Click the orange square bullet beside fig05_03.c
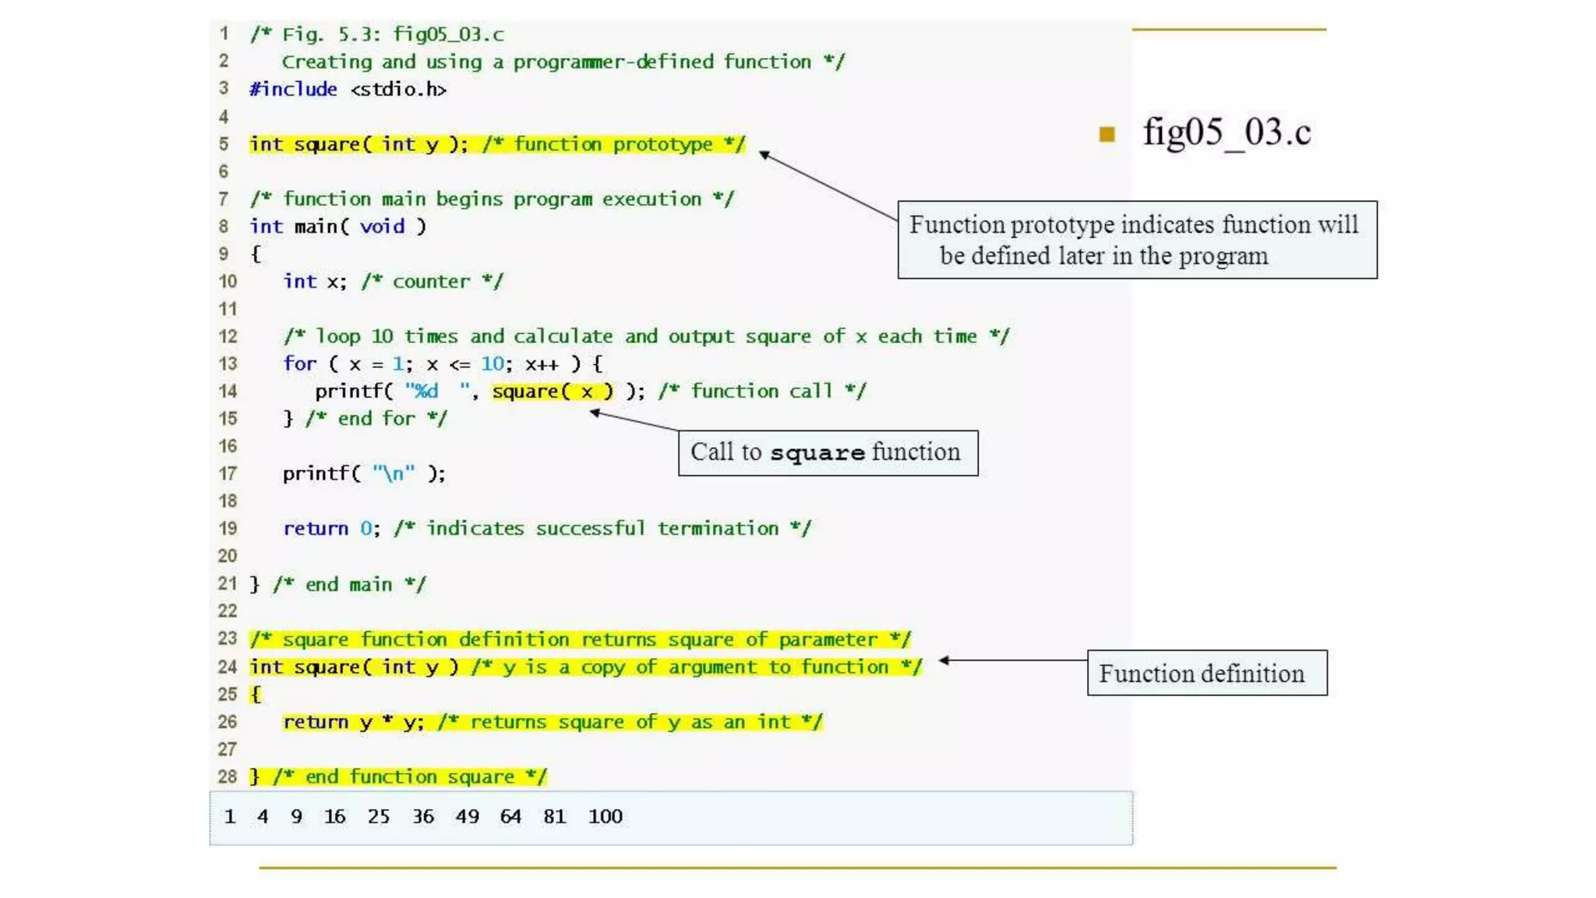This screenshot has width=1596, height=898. (1107, 134)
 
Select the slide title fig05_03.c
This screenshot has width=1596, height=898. (1227, 133)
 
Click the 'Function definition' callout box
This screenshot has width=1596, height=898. (1206, 673)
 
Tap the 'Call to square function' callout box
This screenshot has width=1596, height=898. (828, 453)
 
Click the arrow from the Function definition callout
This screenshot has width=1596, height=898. (1013, 660)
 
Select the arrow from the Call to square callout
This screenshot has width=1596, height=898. (634, 421)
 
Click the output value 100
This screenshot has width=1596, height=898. (606, 816)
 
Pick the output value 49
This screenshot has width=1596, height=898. (468, 816)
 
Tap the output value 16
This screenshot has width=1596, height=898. (335, 816)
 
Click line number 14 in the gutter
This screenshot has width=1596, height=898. (228, 391)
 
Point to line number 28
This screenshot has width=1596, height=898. (228, 776)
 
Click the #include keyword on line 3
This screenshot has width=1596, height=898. (293, 90)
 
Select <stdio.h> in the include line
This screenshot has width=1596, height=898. (398, 90)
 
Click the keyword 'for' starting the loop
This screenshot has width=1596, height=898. (300, 363)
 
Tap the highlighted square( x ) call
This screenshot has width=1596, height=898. (553, 391)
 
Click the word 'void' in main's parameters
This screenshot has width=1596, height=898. (383, 226)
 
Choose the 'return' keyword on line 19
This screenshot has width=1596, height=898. (316, 529)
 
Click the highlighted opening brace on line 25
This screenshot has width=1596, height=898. (256, 694)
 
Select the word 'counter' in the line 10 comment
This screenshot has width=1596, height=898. (431, 281)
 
